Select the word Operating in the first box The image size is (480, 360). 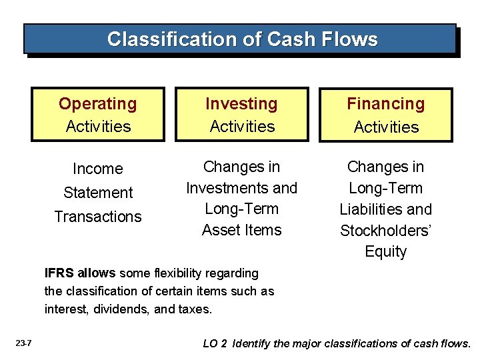[x=97, y=104]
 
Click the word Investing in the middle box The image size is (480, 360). [x=241, y=104]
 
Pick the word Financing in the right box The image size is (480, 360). [x=385, y=104]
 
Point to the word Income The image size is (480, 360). [x=98, y=169]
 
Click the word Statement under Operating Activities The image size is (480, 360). [x=98, y=193]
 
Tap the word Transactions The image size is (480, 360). [x=98, y=217]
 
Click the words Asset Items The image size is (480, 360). [x=241, y=230]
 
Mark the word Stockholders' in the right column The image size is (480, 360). [x=385, y=231]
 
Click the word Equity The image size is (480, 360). [x=385, y=252]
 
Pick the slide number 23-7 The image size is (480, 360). [x=23, y=344]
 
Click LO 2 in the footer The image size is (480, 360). [x=215, y=344]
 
